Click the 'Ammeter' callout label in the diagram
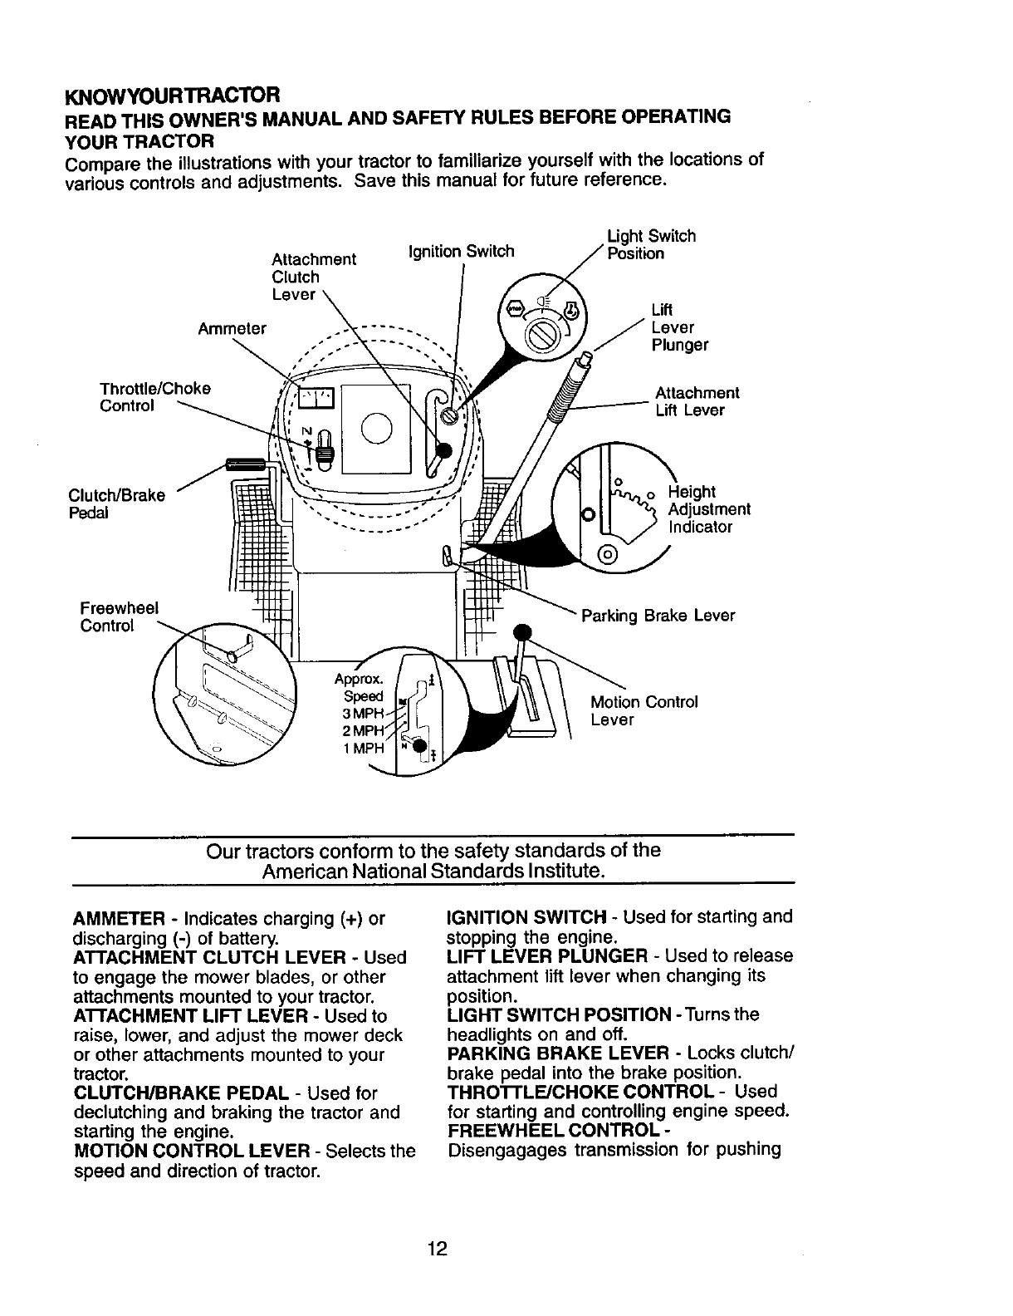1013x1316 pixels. pos(232,328)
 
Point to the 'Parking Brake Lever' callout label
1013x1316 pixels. pos(658,616)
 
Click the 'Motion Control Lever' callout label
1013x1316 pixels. pos(644,710)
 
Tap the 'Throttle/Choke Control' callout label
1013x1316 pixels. pos(154,397)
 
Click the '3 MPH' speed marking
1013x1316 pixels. pos(363,714)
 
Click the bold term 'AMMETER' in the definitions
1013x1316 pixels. pos(117,920)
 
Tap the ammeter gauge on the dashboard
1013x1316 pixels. pos(315,400)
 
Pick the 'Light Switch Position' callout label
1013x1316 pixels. pos(651,244)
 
